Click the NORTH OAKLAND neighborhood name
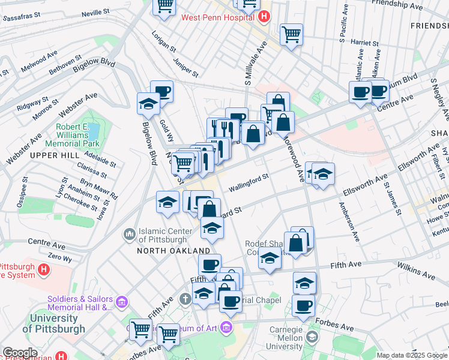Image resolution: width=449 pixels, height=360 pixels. tap(173, 250)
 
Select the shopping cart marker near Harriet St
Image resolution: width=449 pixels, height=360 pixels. tap(292, 34)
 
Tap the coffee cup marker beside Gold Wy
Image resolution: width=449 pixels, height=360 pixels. tap(161, 92)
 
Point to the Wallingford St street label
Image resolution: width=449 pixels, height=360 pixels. tap(247, 182)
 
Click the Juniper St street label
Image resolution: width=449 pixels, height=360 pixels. tap(185, 67)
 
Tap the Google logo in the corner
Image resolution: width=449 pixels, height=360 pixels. tap(20, 353)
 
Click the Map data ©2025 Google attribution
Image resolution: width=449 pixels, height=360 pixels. tap(411, 355)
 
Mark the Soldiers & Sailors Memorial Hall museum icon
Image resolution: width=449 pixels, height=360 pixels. tap(122, 300)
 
